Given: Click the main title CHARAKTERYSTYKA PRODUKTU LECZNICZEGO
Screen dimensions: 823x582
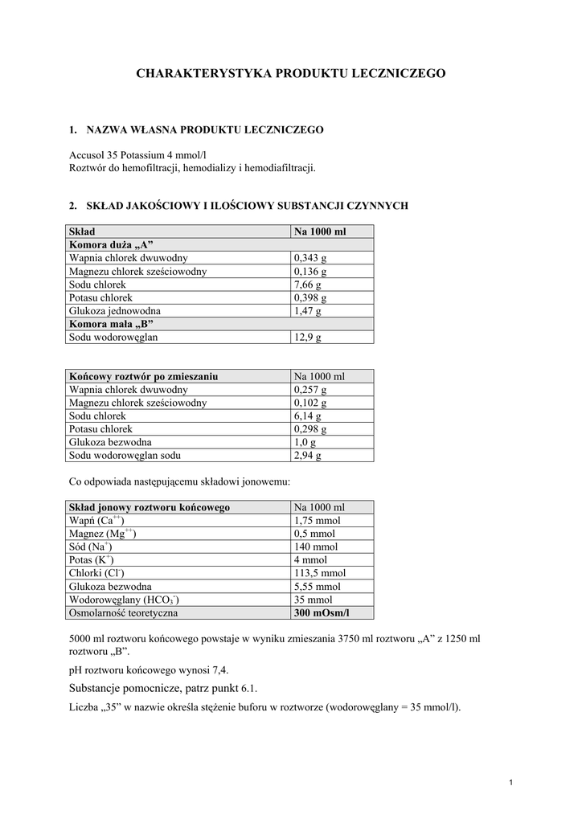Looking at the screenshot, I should pyautogui.click(x=290, y=73).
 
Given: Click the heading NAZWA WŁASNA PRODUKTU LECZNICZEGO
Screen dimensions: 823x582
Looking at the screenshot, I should pyautogui.click(x=204, y=129).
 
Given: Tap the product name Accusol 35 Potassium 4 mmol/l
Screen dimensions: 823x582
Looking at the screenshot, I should pyautogui.click(x=143, y=155).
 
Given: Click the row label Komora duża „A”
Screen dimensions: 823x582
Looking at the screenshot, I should pyautogui.click(x=111, y=244).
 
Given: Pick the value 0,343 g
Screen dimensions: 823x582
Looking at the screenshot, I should pyautogui.click(x=310, y=258).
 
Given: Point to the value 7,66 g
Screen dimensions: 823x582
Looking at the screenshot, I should pyautogui.click(x=308, y=285).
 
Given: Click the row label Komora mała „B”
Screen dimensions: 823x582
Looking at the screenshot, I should pyautogui.click(x=111, y=324).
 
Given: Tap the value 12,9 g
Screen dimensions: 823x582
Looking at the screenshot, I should pyautogui.click(x=308, y=338).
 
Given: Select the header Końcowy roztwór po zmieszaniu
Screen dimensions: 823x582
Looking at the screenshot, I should pyautogui.click(x=144, y=376).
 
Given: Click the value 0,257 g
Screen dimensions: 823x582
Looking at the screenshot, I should pyautogui.click(x=310, y=390).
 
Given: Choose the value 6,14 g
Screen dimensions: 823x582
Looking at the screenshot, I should pyautogui.click(x=308, y=416).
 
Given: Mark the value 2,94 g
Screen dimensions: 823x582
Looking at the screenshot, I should pyautogui.click(x=308, y=456).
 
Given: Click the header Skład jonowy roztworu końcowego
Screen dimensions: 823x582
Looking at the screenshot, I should pyautogui.click(x=150, y=508).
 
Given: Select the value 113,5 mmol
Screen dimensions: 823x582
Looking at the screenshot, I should pyautogui.click(x=320, y=574).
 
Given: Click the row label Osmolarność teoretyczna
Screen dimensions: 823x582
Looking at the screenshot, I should pyautogui.click(x=124, y=613).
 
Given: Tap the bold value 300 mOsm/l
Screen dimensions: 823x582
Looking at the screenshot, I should pyautogui.click(x=322, y=613).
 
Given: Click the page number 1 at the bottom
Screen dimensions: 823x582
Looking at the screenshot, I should pyautogui.click(x=511, y=784).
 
